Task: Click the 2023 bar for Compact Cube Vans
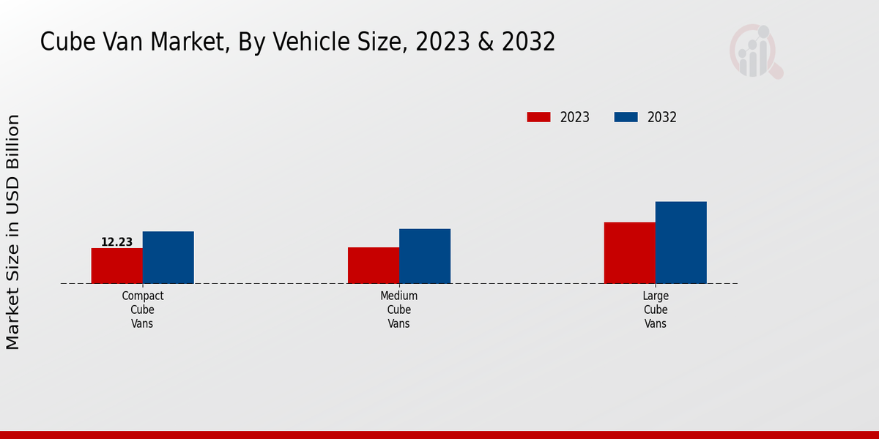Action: (x=116, y=266)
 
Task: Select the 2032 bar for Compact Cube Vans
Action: (x=168, y=258)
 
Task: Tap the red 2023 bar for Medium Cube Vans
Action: (x=374, y=265)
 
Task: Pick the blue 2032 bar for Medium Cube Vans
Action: (x=425, y=256)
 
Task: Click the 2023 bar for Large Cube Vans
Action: (x=629, y=252)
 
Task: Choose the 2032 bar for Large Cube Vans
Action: (x=681, y=242)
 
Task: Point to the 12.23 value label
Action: (x=116, y=242)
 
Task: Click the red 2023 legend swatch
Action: (x=538, y=117)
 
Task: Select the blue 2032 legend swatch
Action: (x=626, y=117)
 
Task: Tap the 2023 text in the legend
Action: (x=575, y=117)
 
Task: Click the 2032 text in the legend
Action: (x=662, y=117)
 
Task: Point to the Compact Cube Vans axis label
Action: (x=143, y=309)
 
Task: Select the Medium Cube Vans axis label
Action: (x=399, y=309)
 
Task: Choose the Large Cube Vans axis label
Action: (x=656, y=309)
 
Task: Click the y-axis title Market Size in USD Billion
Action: (x=13, y=231)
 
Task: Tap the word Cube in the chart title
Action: (x=67, y=42)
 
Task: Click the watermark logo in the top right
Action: (x=755, y=51)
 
